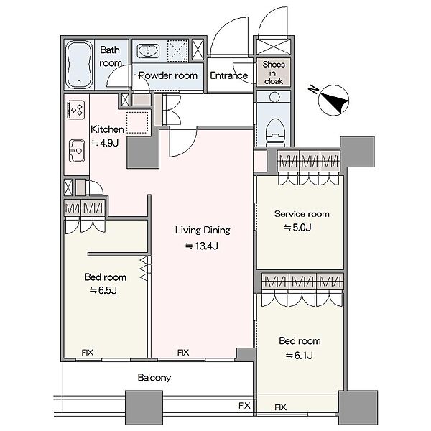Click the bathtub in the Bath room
(x=79, y=65)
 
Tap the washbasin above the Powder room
(x=148, y=51)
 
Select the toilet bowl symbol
(x=275, y=132)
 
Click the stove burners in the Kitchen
(x=76, y=110)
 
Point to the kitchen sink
(x=76, y=151)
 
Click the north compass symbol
(x=331, y=100)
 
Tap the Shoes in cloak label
(x=274, y=73)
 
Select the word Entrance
(x=228, y=75)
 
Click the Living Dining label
(x=203, y=231)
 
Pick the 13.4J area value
(x=202, y=246)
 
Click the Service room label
(x=302, y=214)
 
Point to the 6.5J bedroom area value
(x=103, y=290)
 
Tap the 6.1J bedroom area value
(x=300, y=356)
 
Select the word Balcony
(x=154, y=378)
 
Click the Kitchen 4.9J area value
(x=105, y=143)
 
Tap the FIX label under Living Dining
(x=183, y=353)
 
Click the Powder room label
(x=168, y=75)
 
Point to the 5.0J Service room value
(x=297, y=228)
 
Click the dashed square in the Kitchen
(x=137, y=123)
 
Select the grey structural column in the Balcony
(x=144, y=407)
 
